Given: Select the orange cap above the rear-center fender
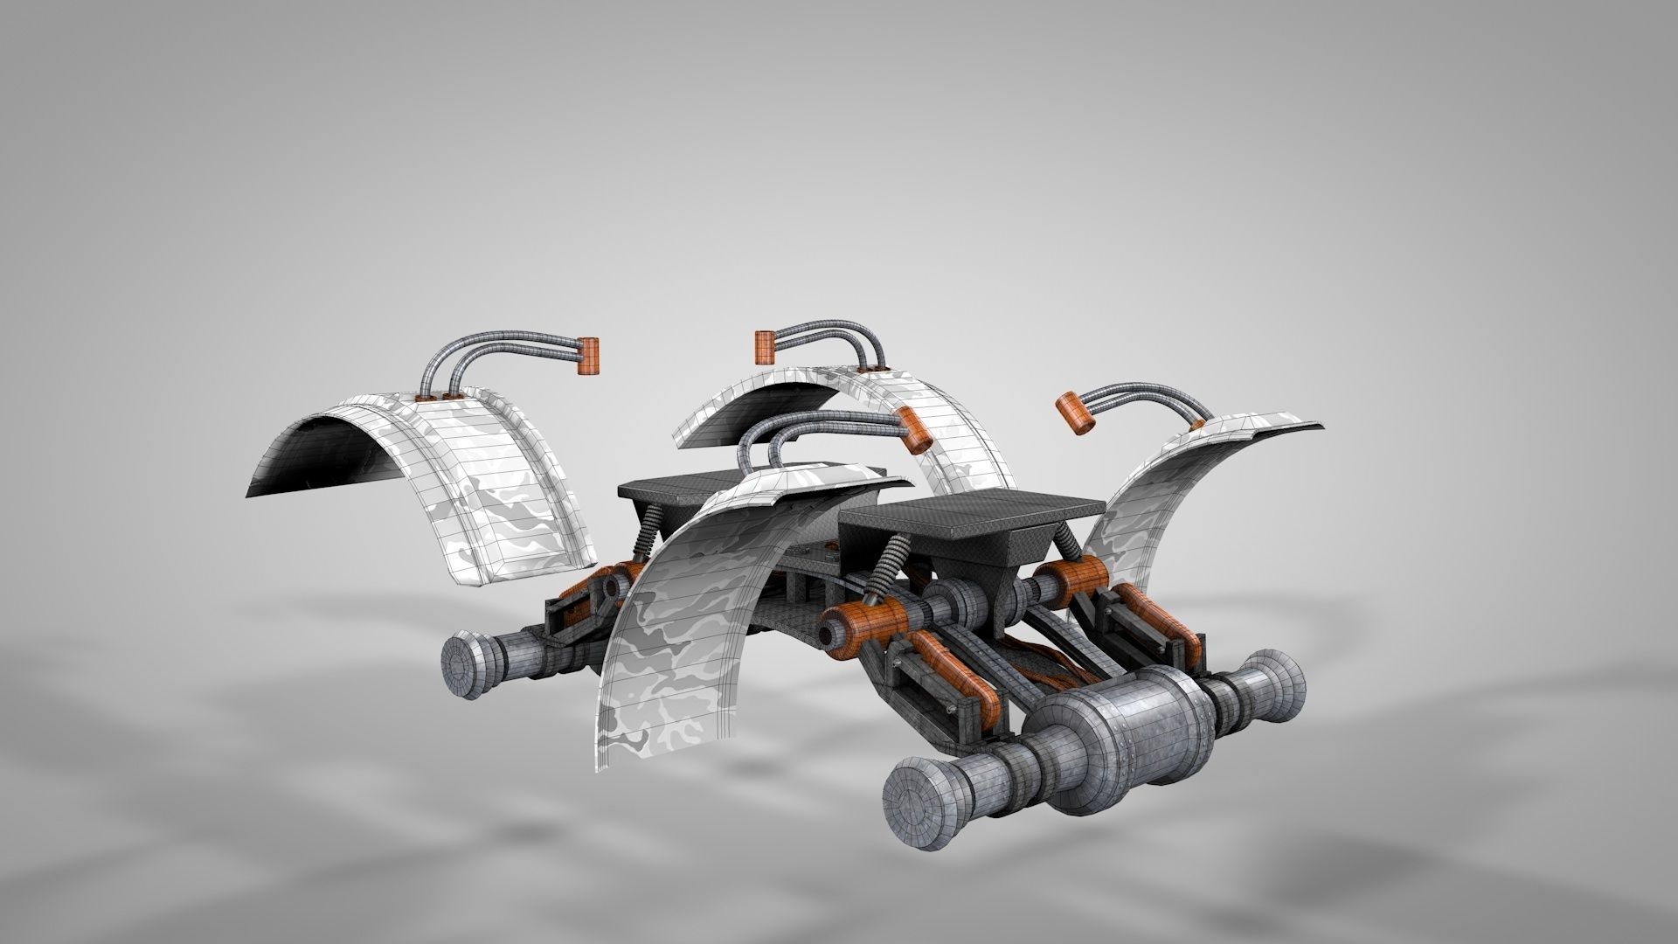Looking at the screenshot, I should point(764,347).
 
